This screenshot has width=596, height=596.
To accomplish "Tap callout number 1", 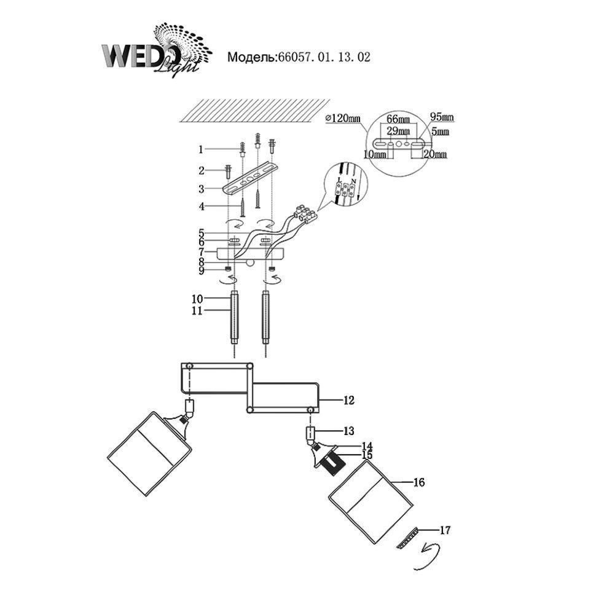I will coord(200,149).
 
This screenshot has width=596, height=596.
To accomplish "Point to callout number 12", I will coord(349,400).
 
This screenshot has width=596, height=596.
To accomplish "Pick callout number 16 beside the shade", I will coord(418,482).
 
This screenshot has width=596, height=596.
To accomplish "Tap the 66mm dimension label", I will coord(398,119).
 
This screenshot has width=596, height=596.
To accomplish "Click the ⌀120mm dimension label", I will coord(343,119).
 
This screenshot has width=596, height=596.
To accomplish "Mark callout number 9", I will coord(200,269).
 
